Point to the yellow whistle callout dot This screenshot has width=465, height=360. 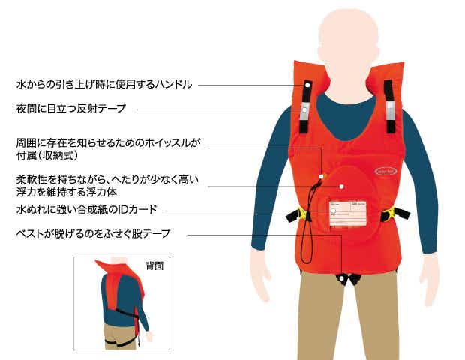coord(320,178)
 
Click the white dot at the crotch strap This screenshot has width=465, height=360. coord(341,279)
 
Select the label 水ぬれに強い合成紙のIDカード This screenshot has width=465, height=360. coord(86,209)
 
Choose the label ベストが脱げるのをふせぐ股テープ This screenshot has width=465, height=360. coord(93,234)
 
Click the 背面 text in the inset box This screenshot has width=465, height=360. coord(154,265)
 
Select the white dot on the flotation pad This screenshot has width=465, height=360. coord(340,185)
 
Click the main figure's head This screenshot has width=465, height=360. coord(347,34)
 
